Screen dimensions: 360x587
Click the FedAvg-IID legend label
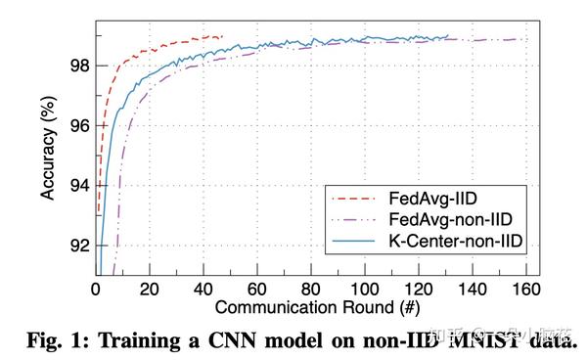pos(429,196)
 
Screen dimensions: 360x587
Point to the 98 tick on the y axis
pos(79,66)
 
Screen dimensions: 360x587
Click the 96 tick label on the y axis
pos(79,126)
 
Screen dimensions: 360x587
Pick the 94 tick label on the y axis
pos(79,186)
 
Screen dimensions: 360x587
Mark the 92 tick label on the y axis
pos(79,246)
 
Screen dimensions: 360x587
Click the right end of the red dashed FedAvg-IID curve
pos(223,36)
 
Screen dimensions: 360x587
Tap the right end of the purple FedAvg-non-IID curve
pos(518,39)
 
